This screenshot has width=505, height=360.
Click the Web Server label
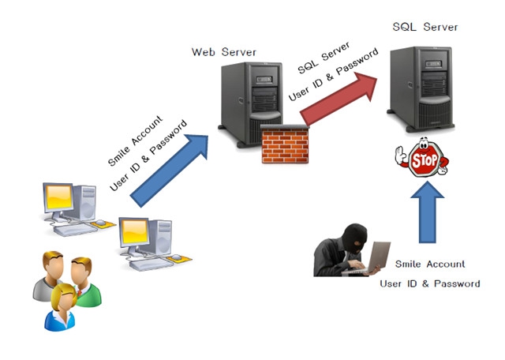(224, 52)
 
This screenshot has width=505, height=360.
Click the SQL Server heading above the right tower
(425, 27)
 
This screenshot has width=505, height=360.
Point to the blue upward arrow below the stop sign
(426, 208)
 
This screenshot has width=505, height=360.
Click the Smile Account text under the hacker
(429, 264)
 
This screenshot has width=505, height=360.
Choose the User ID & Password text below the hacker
(429, 283)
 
